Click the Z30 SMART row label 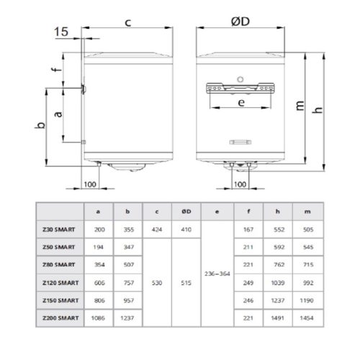point(60,228)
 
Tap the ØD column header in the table point(185,211)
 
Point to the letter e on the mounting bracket point(241,103)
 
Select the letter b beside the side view point(42,125)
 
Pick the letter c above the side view point(127,22)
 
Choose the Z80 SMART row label point(60,264)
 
